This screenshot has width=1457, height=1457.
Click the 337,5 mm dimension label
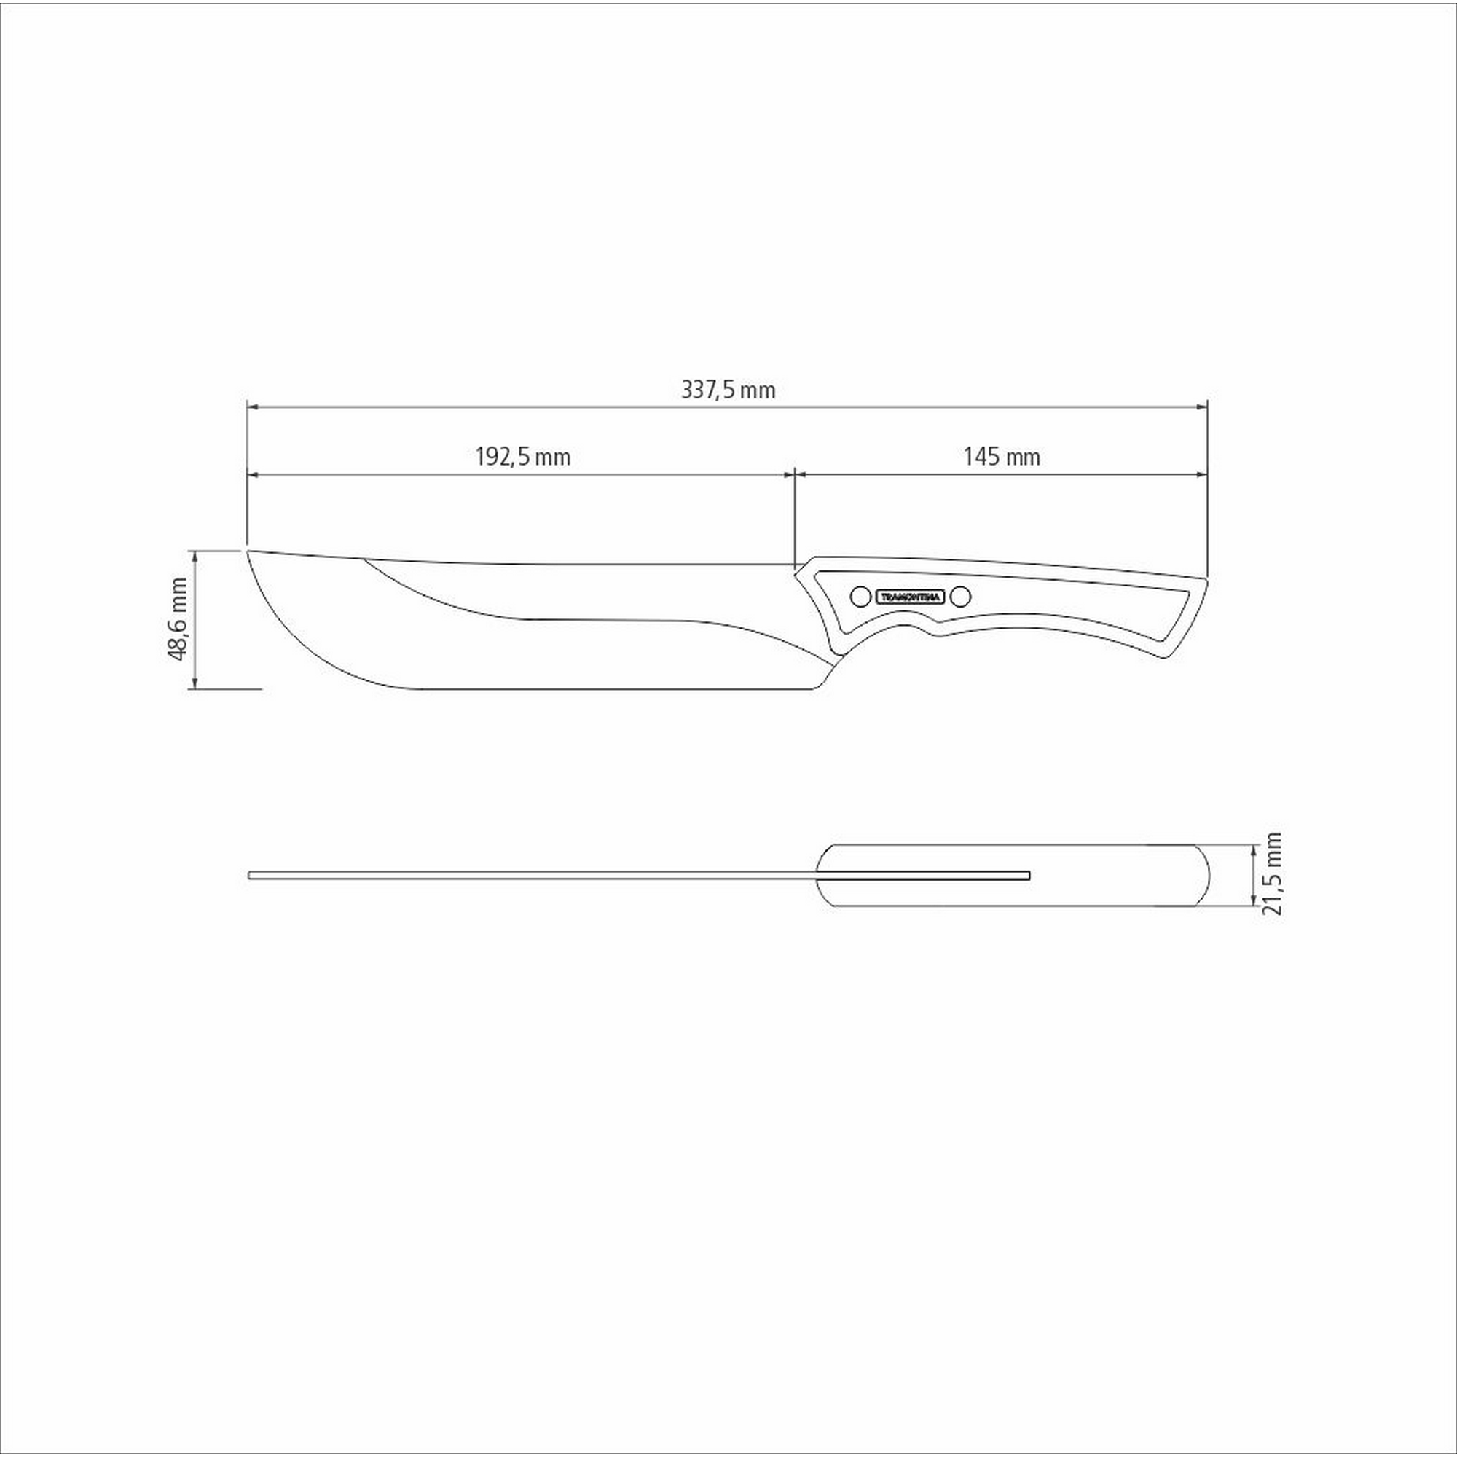click(728, 390)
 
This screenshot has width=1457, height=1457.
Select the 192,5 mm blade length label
click(522, 457)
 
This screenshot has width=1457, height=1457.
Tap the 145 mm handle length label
click(1002, 457)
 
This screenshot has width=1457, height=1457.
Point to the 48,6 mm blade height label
click(177, 619)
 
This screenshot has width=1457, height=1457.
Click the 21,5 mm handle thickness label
click(1273, 873)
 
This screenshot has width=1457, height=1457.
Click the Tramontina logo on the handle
click(909, 597)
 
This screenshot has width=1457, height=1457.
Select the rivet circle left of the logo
click(859, 597)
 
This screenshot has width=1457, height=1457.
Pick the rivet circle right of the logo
click(960, 597)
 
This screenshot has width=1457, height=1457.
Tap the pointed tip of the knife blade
click(248, 551)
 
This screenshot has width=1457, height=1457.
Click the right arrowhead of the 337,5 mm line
click(1203, 407)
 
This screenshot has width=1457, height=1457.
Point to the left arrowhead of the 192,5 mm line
click(254, 474)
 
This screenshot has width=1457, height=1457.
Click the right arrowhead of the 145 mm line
click(1203, 474)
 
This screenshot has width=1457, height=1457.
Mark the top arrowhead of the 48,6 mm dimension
click(195, 556)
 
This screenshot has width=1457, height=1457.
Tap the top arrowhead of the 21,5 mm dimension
click(1253, 849)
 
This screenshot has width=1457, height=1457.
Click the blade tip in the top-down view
click(251, 875)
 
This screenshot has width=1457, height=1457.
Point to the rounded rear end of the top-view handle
click(1208, 875)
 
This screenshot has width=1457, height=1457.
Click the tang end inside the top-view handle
click(1028, 875)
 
